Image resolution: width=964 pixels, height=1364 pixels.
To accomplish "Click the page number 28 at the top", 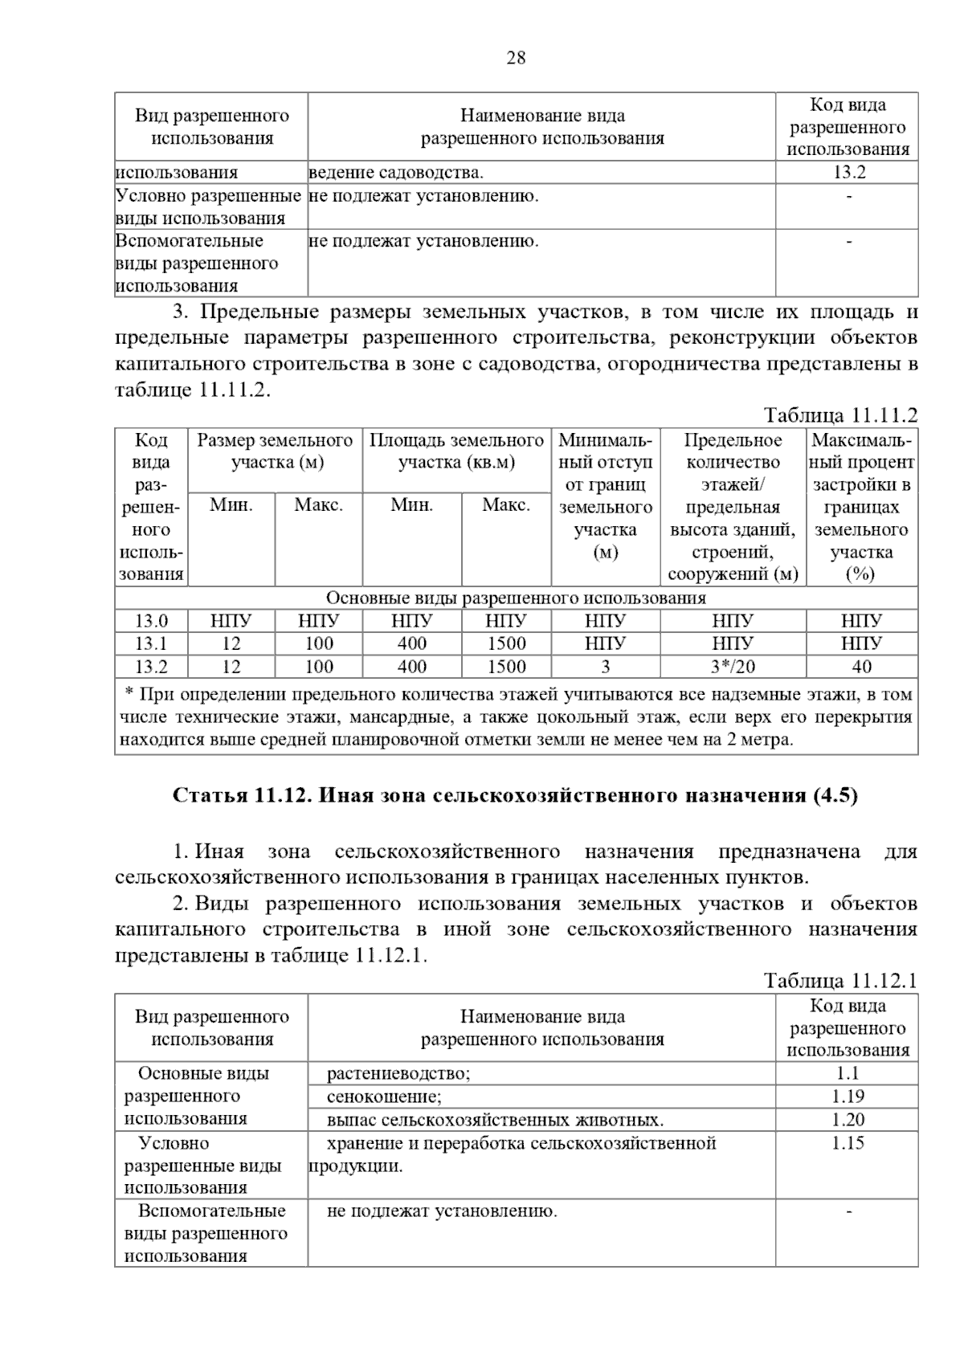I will pyautogui.click(x=516, y=58).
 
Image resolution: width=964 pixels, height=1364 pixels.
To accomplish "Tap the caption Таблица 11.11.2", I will pyautogui.click(x=840, y=415).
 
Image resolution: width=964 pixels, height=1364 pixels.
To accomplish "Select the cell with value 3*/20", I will pyautogui.click(x=733, y=666).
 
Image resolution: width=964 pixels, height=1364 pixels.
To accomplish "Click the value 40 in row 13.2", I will pyautogui.click(x=861, y=666).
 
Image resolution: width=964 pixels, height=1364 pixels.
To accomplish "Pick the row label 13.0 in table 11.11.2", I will pyautogui.click(x=151, y=621).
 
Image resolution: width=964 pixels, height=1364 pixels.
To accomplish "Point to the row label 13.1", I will pyautogui.click(x=151, y=643).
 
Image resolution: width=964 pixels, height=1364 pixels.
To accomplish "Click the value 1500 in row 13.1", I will pyautogui.click(x=506, y=643).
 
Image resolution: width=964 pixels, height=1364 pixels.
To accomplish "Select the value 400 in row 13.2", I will pyautogui.click(x=412, y=666).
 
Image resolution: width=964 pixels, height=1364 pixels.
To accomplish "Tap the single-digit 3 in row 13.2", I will pyautogui.click(x=605, y=666).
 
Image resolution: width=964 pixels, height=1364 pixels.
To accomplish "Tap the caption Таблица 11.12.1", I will pyautogui.click(x=840, y=981).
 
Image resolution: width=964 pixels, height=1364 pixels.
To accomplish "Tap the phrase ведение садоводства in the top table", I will pyautogui.click(x=396, y=172).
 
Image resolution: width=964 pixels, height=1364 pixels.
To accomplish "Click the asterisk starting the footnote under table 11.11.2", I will pyautogui.click(x=129, y=692).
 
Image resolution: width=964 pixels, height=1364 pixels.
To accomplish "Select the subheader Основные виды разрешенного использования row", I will pyautogui.click(x=516, y=598).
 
